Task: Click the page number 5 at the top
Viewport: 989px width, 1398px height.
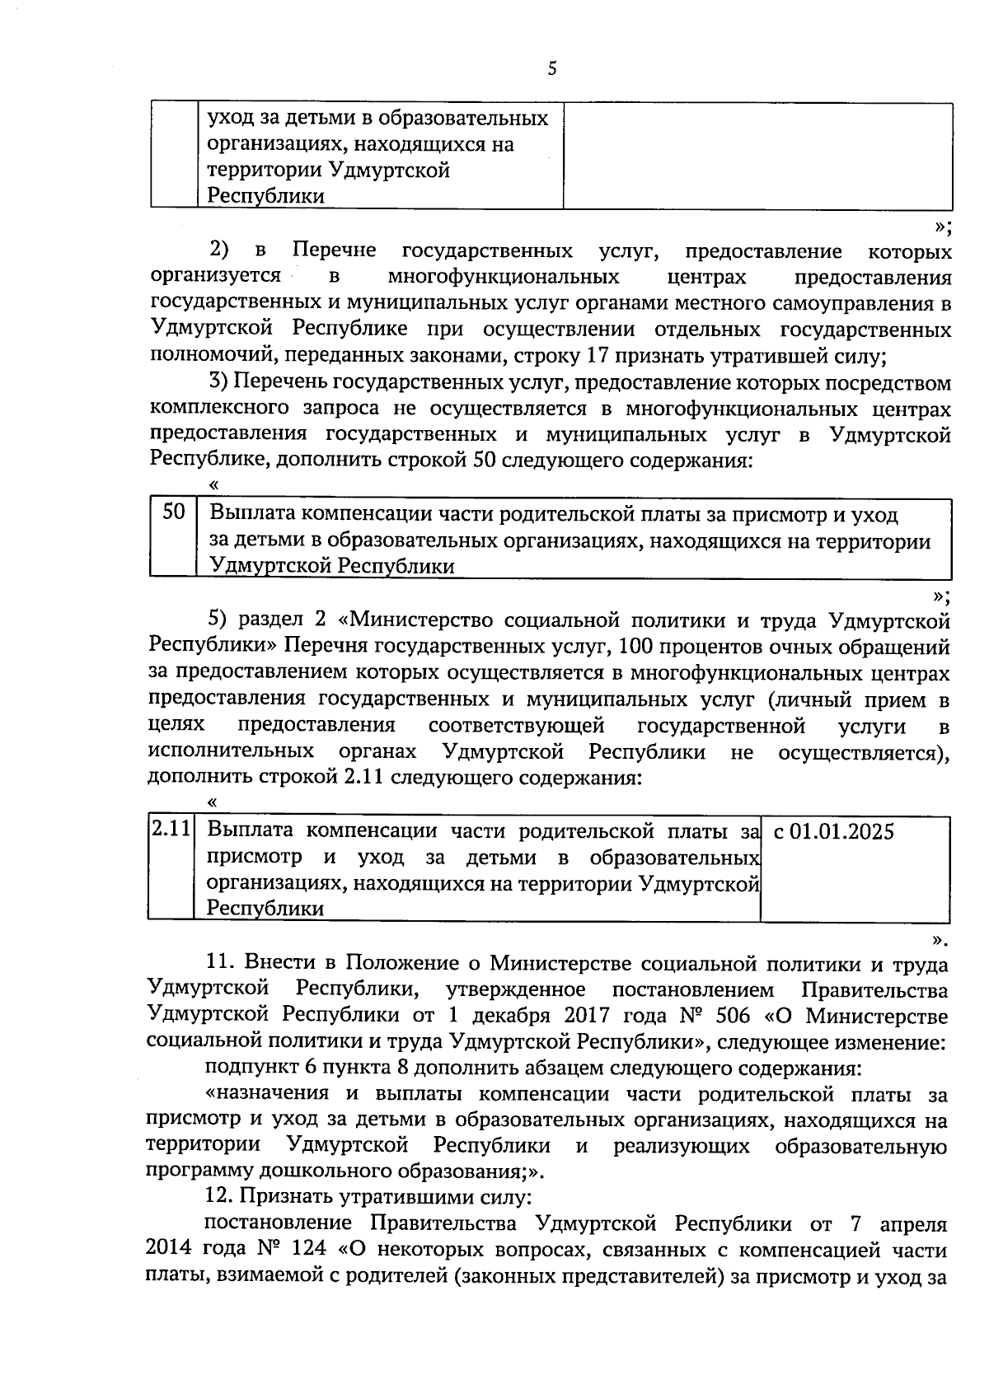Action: click(x=551, y=69)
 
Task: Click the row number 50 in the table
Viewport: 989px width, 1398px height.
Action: click(x=173, y=513)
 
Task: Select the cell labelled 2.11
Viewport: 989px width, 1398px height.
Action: click(x=171, y=830)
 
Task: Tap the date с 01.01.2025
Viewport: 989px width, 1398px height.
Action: click(x=834, y=831)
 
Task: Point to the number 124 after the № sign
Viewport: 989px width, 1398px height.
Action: click(x=309, y=1250)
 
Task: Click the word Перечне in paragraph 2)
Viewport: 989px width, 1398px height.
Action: click(x=335, y=250)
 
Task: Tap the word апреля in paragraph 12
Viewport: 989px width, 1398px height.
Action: click(x=913, y=1223)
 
